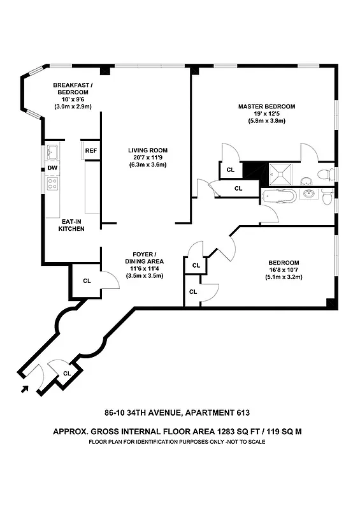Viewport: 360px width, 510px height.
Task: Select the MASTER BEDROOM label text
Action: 266,106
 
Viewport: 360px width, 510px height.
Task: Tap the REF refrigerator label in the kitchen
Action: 90,150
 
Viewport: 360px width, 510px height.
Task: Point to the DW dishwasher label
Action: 52,169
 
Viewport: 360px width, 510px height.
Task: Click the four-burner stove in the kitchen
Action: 53,184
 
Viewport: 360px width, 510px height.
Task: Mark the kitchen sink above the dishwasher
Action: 52,153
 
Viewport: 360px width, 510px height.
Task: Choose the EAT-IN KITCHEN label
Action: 71,224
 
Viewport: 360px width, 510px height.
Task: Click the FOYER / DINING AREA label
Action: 145,257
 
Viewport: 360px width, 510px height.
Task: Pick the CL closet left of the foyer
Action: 87,280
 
